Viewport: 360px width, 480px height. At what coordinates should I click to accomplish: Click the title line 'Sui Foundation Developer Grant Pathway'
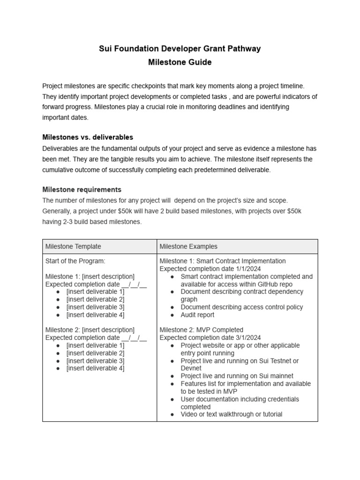pos(180,48)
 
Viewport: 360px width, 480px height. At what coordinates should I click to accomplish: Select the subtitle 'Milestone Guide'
pos(180,62)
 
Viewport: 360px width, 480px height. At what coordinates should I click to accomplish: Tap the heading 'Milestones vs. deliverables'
pos(88,137)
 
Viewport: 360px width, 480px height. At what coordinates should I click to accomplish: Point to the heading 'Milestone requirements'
pos(82,189)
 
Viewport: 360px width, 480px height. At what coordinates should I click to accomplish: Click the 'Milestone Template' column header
pos(73,247)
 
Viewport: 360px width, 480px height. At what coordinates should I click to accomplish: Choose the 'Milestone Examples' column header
pos(188,247)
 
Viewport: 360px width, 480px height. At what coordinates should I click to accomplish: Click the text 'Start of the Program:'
pos(75,261)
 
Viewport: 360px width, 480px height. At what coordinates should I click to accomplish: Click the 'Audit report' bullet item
pos(197,315)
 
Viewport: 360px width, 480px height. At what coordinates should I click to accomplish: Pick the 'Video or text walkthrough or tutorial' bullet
pos(231,414)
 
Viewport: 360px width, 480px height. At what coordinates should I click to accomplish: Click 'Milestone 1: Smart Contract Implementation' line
pos(222,261)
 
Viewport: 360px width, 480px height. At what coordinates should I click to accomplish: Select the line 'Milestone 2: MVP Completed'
pos(201,330)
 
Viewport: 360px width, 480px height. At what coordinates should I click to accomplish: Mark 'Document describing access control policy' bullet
pos(241,307)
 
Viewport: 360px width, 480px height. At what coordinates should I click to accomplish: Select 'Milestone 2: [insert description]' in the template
pos(90,330)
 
